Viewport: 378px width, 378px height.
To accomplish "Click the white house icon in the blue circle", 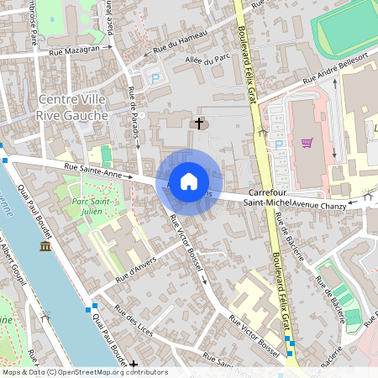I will (x=189, y=181).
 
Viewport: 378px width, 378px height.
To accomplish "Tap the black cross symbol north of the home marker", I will (x=199, y=124).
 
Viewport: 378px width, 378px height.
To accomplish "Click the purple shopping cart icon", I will (x=307, y=143).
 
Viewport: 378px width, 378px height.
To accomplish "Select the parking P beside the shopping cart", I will (x=279, y=144).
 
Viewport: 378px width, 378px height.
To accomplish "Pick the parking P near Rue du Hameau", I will (x=155, y=78).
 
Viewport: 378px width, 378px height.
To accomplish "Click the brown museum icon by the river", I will (x=45, y=247).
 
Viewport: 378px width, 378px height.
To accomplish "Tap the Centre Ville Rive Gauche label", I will (x=73, y=108).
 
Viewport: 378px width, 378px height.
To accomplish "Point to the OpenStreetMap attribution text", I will (x=84, y=372).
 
